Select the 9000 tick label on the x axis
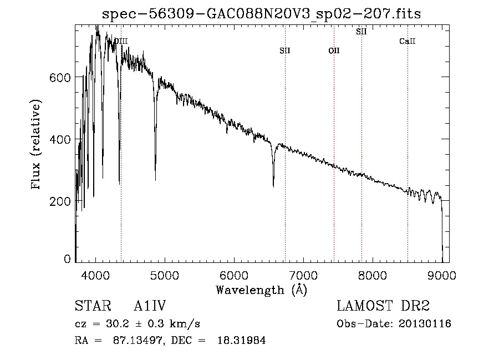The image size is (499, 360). coord(442,275)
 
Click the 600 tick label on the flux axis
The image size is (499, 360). coord(61,78)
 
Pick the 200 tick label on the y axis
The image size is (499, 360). coord(61,201)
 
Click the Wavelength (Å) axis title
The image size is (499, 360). coord(261,290)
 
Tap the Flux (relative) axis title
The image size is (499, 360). coord(38,145)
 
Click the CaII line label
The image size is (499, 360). coord(408,42)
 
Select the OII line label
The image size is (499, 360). coord(334,50)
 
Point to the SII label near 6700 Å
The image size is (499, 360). coord(285,50)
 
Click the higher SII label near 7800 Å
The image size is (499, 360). coord(361,32)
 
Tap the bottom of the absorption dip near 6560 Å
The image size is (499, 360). coord(273,186)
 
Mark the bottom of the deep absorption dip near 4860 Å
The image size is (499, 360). coord(155,179)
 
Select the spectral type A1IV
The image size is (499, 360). coord(150,306)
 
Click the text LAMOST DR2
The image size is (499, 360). coord(383,306)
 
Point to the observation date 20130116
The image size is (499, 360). coord(428,324)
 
